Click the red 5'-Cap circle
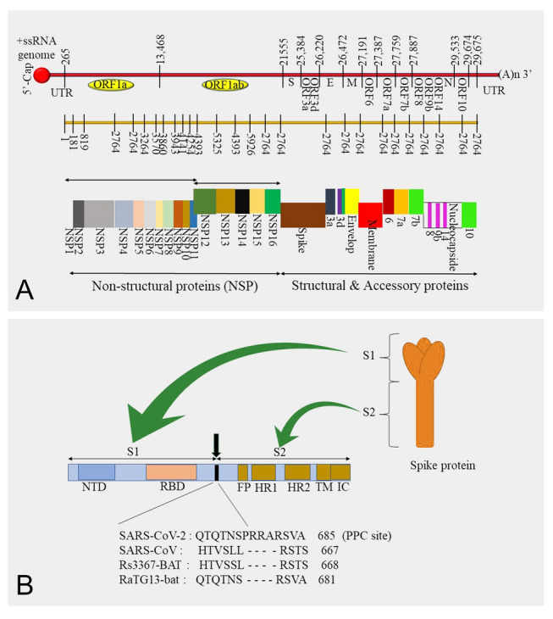click(41, 75)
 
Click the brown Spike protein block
click(302, 215)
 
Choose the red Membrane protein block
click(369, 215)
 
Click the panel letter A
click(27, 290)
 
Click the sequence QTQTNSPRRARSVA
click(247, 535)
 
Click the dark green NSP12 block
click(204, 201)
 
